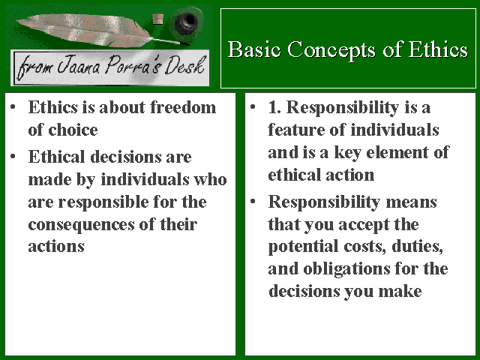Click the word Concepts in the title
[x=331, y=50]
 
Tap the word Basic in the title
[x=254, y=49]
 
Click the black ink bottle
[x=186, y=23]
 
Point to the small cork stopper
[x=157, y=19]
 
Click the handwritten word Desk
[x=184, y=66]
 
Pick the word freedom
[x=183, y=107]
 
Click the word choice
[x=73, y=130]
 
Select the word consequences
[x=81, y=225]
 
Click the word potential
[x=303, y=247]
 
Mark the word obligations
[x=346, y=269]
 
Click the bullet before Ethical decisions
[x=13, y=157]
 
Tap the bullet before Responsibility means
[x=253, y=202]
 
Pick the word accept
[x=363, y=225]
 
